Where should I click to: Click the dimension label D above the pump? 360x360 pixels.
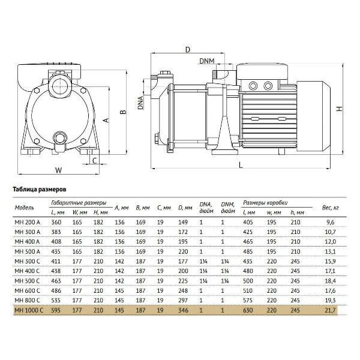pyautogui.click(x=188, y=49)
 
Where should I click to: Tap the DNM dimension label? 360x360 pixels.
pyautogui.click(x=207, y=61)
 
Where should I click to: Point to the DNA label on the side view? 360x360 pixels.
pyautogui.click(x=140, y=103)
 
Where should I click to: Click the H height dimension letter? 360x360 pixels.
pyautogui.click(x=340, y=109)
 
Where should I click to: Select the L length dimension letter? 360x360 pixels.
pyautogui.click(x=241, y=165)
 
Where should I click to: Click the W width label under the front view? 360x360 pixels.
pyautogui.click(x=59, y=170)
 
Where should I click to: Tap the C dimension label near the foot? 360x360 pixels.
pyautogui.click(x=94, y=161)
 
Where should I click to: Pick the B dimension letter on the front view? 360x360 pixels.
pyautogui.click(x=124, y=112)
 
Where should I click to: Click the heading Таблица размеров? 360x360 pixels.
pyautogui.click(x=40, y=190)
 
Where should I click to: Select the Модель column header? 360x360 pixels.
pyautogui.click(x=24, y=208)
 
